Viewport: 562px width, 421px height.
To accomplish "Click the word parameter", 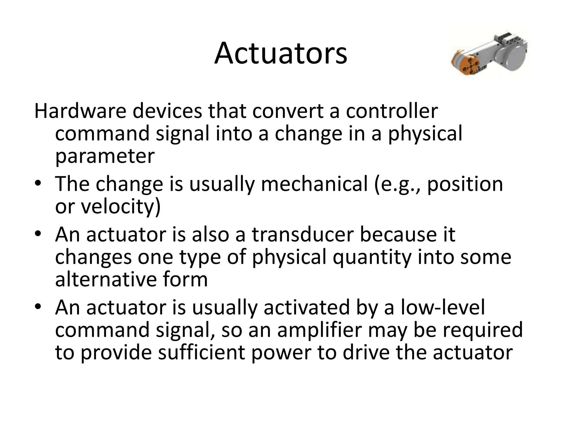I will coord(105,156).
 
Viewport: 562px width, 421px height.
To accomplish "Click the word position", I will coord(465,184).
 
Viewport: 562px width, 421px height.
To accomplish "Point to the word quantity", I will coord(372,258).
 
